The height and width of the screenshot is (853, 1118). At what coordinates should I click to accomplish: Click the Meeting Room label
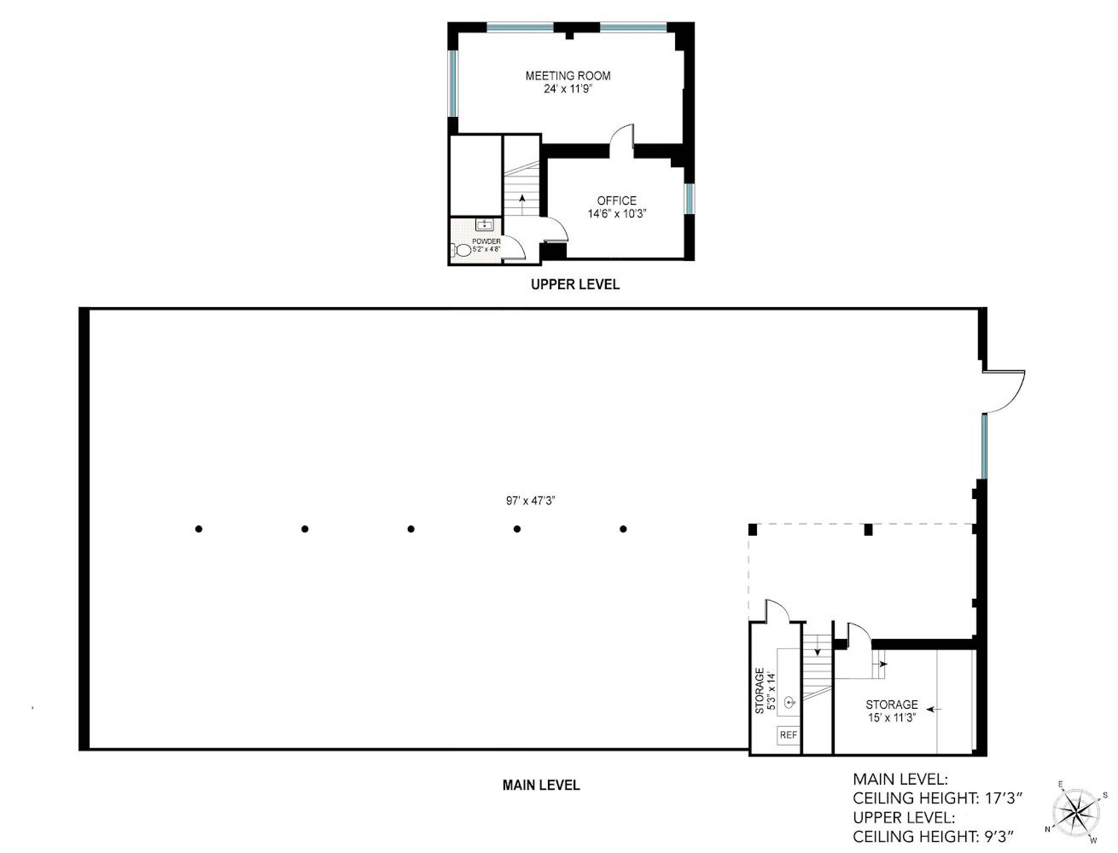568,75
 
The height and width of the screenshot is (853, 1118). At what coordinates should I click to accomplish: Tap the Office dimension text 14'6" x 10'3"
617,214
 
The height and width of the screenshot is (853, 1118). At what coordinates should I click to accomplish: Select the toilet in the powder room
462,250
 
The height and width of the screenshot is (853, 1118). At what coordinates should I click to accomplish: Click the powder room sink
485,224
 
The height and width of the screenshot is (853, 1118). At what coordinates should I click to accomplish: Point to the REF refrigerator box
788,735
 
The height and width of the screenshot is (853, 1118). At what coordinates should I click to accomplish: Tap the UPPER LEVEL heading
575,284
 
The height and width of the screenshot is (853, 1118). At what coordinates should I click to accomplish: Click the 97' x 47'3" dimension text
530,501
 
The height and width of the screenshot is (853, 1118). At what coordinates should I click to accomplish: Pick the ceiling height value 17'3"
1003,799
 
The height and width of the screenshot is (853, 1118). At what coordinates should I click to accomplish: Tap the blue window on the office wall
689,198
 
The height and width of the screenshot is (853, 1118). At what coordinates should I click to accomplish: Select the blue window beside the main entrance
984,446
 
